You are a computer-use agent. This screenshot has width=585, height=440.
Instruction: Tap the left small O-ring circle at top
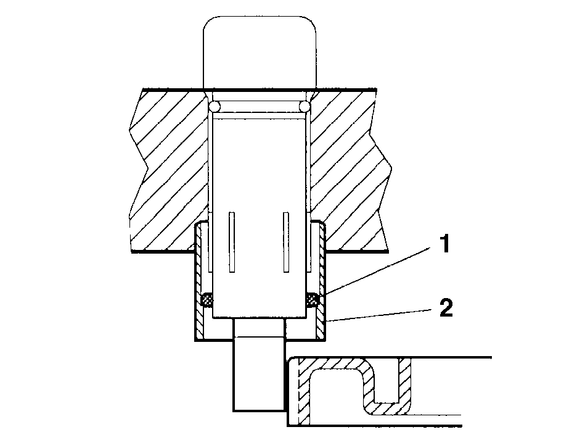pyautogui.click(x=215, y=107)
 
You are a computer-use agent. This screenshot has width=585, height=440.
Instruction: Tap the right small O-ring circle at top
pyautogui.click(x=305, y=107)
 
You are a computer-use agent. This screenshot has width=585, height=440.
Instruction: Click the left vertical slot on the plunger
pyautogui.click(x=232, y=242)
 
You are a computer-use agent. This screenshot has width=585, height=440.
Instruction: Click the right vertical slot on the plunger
pyautogui.click(x=286, y=242)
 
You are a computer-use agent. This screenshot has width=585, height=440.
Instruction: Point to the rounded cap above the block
pyautogui.click(x=260, y=52)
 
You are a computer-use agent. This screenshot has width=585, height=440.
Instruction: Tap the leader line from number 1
pyautogui.click(x=377, y=272)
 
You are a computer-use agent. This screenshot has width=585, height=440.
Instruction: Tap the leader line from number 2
pyautogui.click(x=379, y=315)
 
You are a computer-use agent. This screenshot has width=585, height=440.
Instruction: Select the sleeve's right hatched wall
pyautogui.click(x=322, y=280)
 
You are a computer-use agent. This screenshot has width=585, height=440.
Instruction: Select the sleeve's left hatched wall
pyautogui.click(x=199, y=280)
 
